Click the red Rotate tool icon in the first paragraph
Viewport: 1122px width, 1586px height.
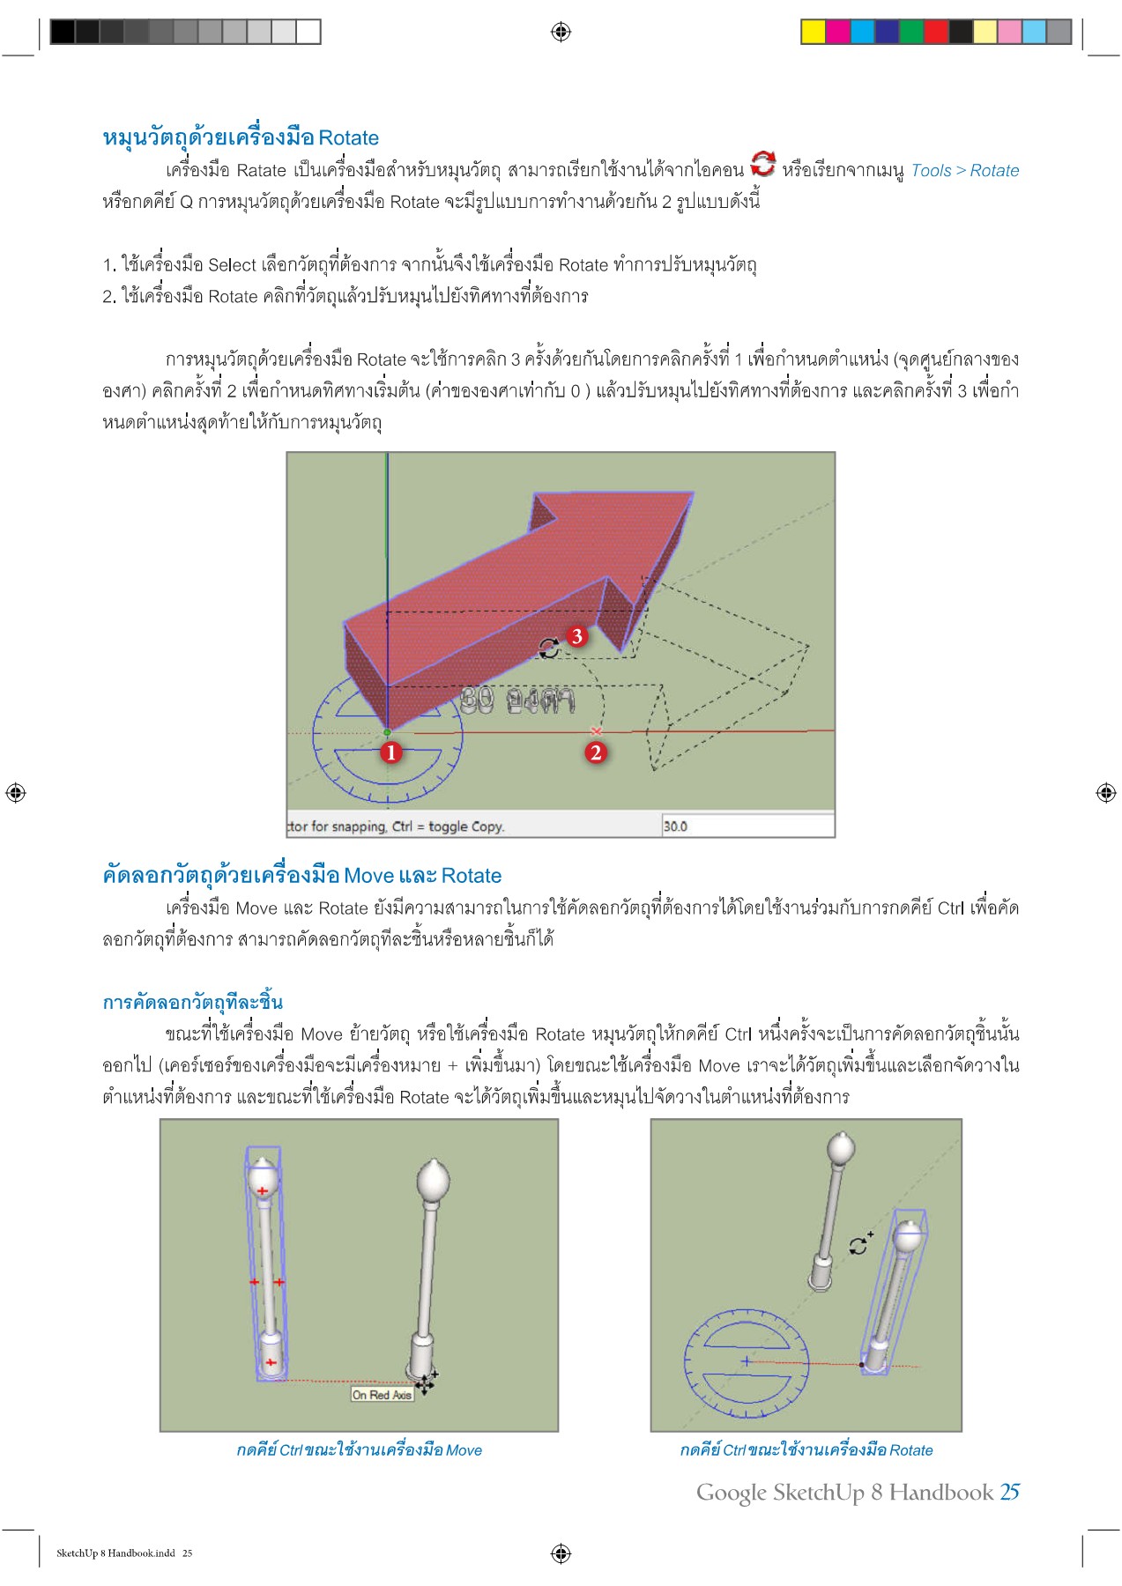tap(762, 165)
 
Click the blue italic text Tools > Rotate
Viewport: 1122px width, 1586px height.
tap(964, 171)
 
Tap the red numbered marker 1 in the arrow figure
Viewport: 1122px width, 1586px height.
tap(390, 752)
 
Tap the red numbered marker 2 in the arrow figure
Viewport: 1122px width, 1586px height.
tap(596, 752)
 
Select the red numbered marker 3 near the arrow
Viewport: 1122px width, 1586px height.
tap(576, 636)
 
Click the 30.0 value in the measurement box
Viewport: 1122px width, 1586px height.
tap(676, 826)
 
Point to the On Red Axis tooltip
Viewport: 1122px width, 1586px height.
tap(382, 1395)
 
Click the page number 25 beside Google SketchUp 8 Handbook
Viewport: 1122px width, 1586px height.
tap(1009, 1492)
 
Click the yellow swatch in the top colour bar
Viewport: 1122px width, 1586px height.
tap(813, 32)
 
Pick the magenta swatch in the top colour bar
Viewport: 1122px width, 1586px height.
tap(837, 32)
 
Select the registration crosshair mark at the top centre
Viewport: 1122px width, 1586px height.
tap(561, 32)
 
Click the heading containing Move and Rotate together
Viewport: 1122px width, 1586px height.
tap(302, 876)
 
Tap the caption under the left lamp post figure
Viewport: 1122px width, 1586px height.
tap(359, 1450)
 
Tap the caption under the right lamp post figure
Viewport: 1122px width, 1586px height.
tap(806, 1450)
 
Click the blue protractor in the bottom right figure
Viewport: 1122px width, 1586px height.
tap(746, 1362)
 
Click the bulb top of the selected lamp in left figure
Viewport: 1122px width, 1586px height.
tap(263, 1178)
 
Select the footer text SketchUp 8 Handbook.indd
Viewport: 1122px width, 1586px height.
tap(115, 1553)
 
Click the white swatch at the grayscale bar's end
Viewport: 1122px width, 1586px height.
tap(308, 32)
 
